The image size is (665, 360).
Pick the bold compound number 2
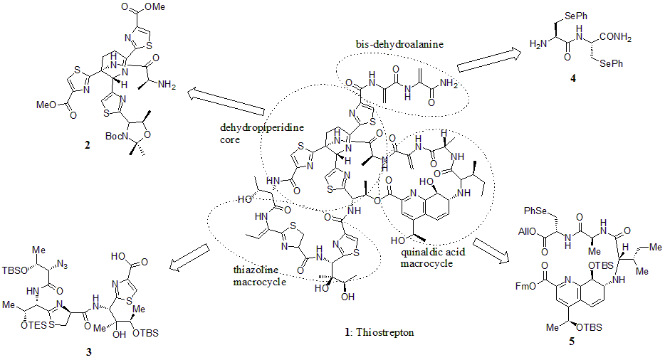(x=87, y=146)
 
